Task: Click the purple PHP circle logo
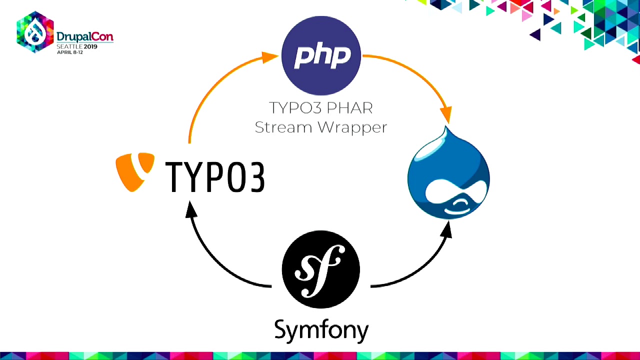click(321, 55)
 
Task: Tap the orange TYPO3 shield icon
click(135, 172)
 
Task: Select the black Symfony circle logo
click(321, 269)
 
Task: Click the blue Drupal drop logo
click(448, 173)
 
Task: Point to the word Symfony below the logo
click(321, 331)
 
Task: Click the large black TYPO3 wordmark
click(215, 177)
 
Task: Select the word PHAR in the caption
click(349, 108)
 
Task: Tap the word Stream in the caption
click(283, 127)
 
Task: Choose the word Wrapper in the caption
click(352, 128)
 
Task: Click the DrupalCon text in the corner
click(85, 36)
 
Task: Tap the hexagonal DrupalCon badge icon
click(35, 32)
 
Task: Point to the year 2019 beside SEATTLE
click(90, 46)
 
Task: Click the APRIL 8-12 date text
click(70, 52)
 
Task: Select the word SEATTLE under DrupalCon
click(69, 46)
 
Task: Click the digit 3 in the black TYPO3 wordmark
click(257, 177)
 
